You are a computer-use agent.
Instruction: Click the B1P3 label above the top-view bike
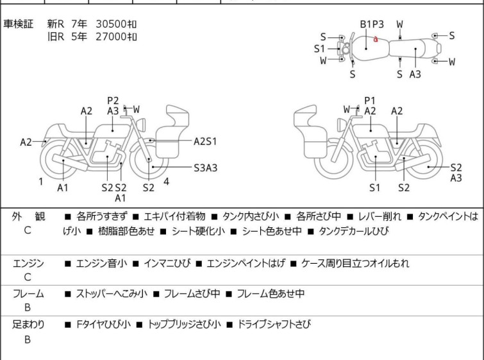click(372, 24)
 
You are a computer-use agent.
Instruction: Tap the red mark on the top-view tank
click(376, 40)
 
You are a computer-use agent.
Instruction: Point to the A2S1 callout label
click(206, 141)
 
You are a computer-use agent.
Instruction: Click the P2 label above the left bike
click(113, 100)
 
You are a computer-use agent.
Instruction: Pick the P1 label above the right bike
click(369, 100)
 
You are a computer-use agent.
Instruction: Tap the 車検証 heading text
click(22, 24)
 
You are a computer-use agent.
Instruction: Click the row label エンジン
click(28, 263)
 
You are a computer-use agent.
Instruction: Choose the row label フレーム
click(28, 294)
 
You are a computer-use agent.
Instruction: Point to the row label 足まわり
click(28, 325)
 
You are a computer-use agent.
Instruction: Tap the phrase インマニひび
click(166, 263)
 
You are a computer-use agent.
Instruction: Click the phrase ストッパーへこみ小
click(112, 294)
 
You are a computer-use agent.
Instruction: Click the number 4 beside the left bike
click(167, 182)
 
